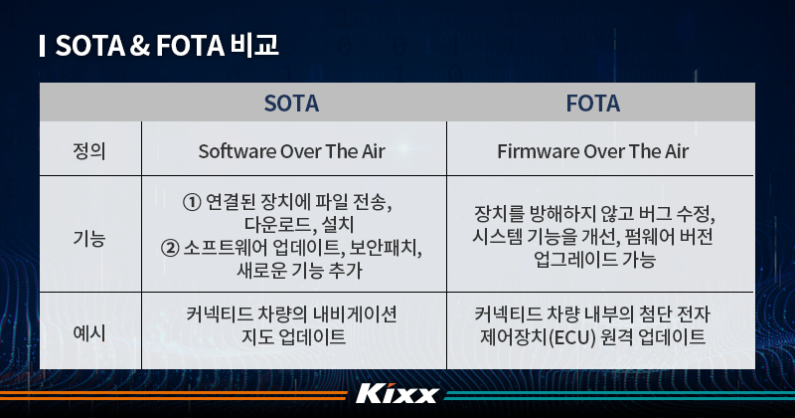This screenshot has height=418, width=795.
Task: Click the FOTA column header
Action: coord(592,103)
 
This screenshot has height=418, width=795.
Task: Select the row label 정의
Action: coord(90,151)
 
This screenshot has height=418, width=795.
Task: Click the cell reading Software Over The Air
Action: coord(291,151)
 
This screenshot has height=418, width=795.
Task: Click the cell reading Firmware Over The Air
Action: coord(592,151)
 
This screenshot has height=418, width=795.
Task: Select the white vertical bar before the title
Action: coord(42,46)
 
